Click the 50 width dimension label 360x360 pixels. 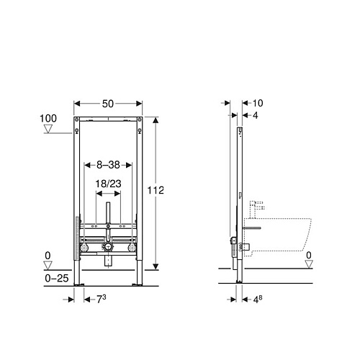tap(108, 104)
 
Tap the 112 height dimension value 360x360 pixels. tap(156, 190)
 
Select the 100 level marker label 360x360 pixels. tap(48, 118)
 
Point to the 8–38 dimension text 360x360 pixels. tap(108, 165)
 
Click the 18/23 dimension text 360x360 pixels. tap(108, 184)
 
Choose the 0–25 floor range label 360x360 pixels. tap(57, 278)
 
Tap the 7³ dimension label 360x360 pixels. tap(101, 299)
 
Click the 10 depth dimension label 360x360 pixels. tap(258, 103)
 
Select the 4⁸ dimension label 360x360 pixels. tap(258, 300)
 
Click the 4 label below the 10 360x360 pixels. tap(256, 115)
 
